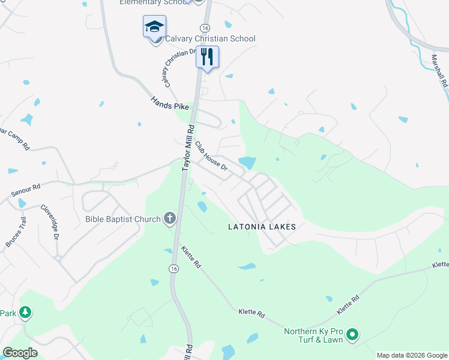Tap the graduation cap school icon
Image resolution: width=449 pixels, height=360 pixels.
click(154, 27)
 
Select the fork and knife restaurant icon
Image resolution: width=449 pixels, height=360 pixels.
click(207, 57)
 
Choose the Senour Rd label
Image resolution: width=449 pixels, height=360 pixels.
click(26, 191)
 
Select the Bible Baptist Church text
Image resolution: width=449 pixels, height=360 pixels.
click(122, 219)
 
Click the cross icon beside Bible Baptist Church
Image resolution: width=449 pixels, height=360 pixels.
click(170, 218)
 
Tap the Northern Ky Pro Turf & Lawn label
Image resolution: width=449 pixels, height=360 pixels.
click(313, 335)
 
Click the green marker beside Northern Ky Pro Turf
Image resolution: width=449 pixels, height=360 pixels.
click(352, 334)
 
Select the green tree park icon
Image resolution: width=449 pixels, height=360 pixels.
click(25, 312)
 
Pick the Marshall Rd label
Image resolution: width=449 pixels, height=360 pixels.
click(440, 71)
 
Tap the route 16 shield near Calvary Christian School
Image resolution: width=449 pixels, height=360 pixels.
click(205, 28)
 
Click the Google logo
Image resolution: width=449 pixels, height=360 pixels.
click(20, 353)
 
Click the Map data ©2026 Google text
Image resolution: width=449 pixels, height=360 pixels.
click(411, 355)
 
